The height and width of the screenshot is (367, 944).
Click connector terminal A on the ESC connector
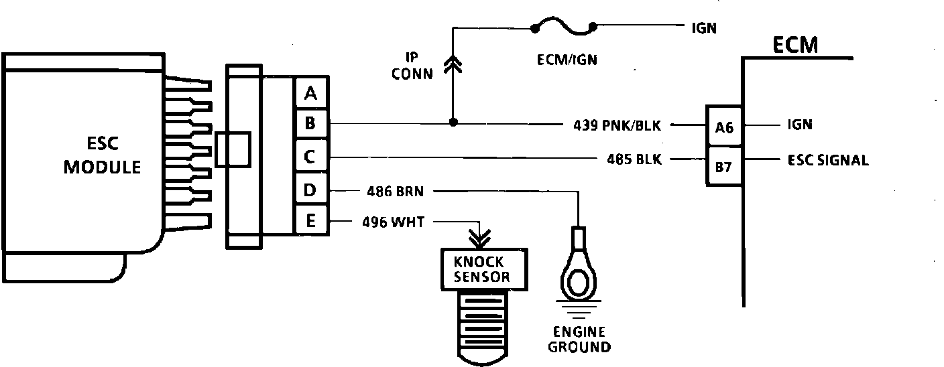(310, 92)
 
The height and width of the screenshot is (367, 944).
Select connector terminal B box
(310, 124)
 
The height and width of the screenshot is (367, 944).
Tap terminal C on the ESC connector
(310, 158)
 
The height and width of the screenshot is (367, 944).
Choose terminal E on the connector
(310, 220)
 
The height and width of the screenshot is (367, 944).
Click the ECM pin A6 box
(724, 126)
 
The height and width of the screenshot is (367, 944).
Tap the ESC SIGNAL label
(828, 161)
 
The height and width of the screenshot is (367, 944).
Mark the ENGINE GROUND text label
(579, 340)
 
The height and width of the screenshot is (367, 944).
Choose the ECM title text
(795, 44)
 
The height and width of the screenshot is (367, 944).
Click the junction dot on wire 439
(453, 123)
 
